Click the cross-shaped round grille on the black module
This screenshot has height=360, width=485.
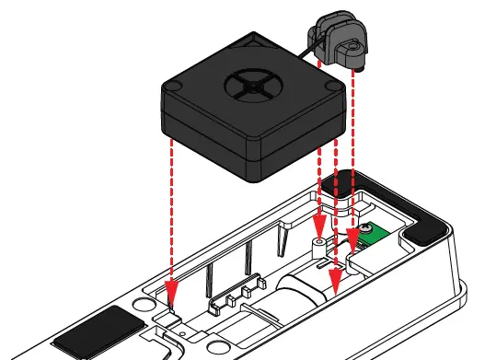coord(251,87)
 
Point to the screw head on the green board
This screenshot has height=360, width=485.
coord(367,227)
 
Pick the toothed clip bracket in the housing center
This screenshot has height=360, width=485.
coord(231,294)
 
